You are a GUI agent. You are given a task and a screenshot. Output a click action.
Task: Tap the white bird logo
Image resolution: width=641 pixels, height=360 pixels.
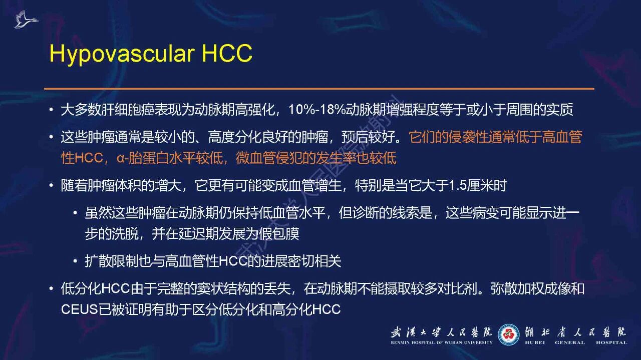point(26,20)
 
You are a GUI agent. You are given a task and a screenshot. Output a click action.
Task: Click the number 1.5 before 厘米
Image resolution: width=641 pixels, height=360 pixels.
point(458,185)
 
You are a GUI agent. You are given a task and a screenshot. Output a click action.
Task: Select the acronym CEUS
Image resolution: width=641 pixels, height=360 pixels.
point(80,309)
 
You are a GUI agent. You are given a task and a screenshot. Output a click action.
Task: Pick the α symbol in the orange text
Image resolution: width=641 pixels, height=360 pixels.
point(120,158)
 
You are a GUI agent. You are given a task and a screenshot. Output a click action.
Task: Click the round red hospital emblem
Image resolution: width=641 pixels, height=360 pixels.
point(508,334)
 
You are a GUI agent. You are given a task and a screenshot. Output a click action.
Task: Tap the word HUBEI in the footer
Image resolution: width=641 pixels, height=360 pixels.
point(535,342)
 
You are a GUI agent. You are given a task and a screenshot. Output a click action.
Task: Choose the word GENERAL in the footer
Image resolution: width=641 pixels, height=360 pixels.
point(569,342)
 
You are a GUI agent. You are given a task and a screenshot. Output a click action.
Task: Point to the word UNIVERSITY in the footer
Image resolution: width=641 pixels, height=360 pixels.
point(480,342)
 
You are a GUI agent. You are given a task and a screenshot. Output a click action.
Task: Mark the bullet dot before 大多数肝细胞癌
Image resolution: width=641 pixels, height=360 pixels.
point(51,110)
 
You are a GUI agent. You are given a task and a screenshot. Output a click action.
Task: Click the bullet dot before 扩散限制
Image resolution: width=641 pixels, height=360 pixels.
point(75,261)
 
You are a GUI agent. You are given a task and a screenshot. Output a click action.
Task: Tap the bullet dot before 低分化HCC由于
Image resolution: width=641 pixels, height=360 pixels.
point(51,288)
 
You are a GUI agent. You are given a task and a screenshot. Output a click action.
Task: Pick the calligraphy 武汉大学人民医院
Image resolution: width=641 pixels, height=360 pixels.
point(441,332)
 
